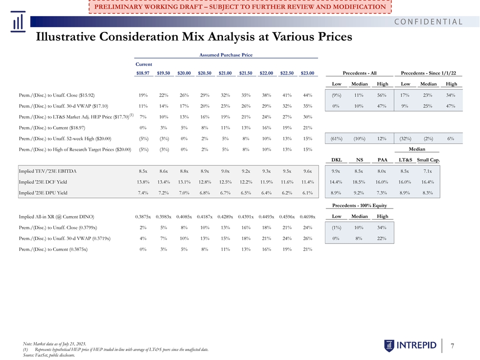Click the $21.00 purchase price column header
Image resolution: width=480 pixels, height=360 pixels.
225,73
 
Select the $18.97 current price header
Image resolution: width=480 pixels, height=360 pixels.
143,73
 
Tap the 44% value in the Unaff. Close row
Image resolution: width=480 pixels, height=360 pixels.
307,95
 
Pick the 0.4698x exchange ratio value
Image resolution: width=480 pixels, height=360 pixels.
307,216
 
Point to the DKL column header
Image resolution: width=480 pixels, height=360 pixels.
336,160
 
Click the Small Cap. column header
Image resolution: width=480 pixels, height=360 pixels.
428,160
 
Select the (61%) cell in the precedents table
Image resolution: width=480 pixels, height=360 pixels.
336,138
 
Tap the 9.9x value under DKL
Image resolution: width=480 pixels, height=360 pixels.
336,171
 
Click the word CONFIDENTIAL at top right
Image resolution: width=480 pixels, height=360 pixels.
428,21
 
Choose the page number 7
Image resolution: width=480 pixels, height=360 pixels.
452,346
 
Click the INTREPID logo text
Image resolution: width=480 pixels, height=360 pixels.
416,345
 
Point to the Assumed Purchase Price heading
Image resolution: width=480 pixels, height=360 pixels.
226,55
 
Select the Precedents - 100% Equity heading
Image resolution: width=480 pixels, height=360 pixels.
359,205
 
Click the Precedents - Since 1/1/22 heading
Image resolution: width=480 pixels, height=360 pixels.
428,73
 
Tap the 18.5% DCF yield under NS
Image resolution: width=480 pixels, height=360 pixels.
359,182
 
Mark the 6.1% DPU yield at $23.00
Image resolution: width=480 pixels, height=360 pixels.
307,193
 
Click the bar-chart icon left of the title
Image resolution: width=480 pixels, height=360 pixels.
18,21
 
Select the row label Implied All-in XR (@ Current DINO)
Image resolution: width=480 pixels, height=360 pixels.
56,216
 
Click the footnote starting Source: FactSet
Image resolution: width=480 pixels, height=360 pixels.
48,355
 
